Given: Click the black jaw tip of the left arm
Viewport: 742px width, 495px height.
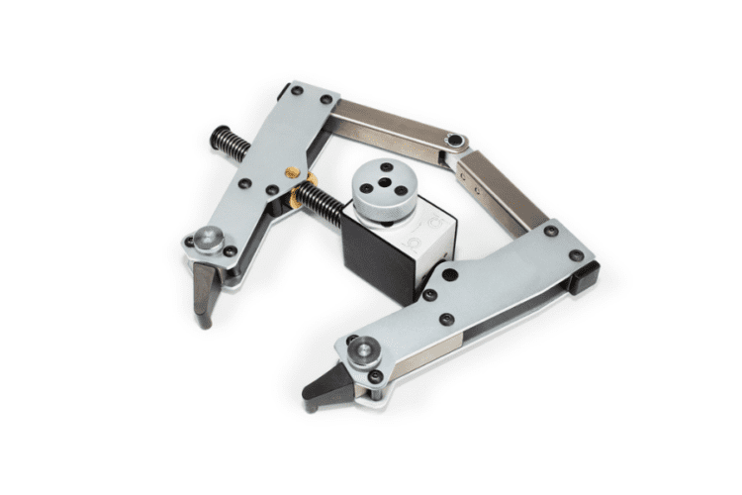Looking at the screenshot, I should (x=204, y=293).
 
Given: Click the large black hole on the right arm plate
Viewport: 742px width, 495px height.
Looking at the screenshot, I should (x=449, y=277).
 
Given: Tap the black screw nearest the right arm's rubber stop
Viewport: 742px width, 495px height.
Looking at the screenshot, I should (x=576, y=255).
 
